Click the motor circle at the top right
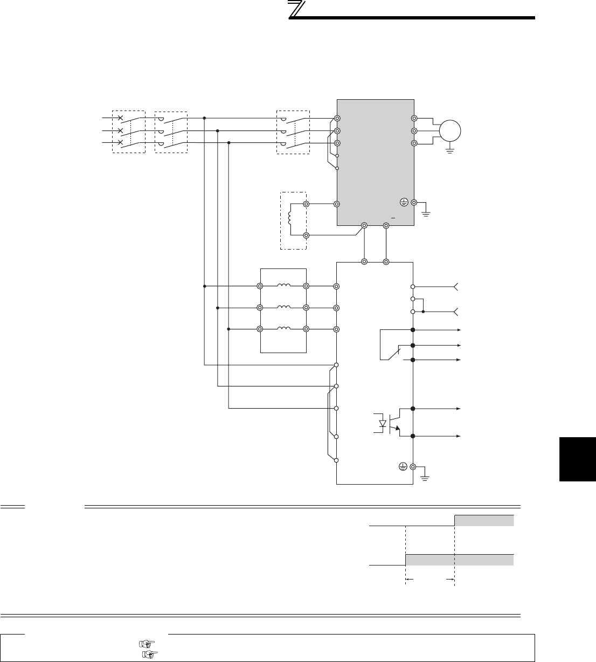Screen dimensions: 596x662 (451, 130)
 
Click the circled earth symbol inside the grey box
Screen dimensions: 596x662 (404, 202)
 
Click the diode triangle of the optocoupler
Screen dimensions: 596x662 (383, 424)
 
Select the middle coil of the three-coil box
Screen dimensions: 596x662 (283, 307)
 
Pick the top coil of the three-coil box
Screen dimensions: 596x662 (283, 286)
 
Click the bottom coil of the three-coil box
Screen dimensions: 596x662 (283, 329)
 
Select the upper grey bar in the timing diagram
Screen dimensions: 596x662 (484, 520)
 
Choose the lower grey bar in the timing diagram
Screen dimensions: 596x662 (459, 560)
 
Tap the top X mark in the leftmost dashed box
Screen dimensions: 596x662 (120, 118)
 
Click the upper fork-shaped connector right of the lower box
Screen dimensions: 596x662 (457, 286)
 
